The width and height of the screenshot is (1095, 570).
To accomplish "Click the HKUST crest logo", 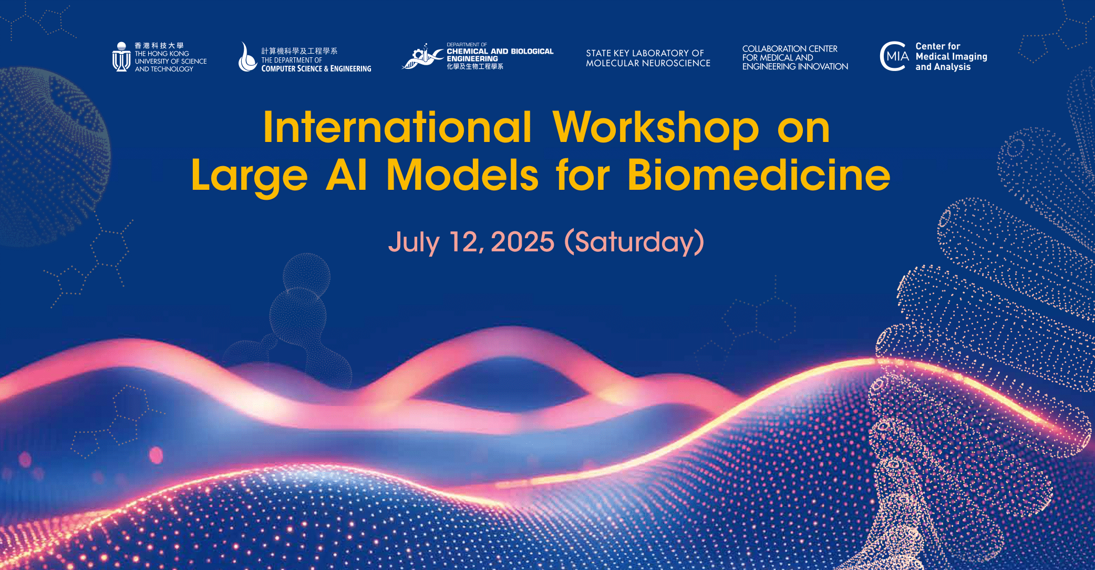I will pos(121,57).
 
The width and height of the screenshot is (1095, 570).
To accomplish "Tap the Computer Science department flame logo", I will pos(246,57).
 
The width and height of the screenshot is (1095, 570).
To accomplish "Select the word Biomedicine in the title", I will pos(758,175).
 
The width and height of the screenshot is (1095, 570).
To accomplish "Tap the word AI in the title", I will pos(346,175).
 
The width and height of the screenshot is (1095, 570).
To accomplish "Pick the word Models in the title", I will pos(462,175).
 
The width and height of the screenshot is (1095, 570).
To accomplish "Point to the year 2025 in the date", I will pos(522,242).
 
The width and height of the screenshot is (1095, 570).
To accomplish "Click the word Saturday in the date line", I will pos(634,242).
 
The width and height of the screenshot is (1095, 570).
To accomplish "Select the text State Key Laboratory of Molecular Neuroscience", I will pos(648,58).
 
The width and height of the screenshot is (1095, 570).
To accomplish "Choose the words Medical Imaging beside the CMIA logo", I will pos(951,57).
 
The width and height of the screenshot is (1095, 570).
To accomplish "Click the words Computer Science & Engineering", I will pos(316,69).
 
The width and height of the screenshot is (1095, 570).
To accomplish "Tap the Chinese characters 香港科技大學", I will pos(159,46).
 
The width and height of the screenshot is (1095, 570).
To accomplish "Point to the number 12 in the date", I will pos(463,242).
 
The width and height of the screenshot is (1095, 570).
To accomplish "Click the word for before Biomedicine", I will pos(583,175).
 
